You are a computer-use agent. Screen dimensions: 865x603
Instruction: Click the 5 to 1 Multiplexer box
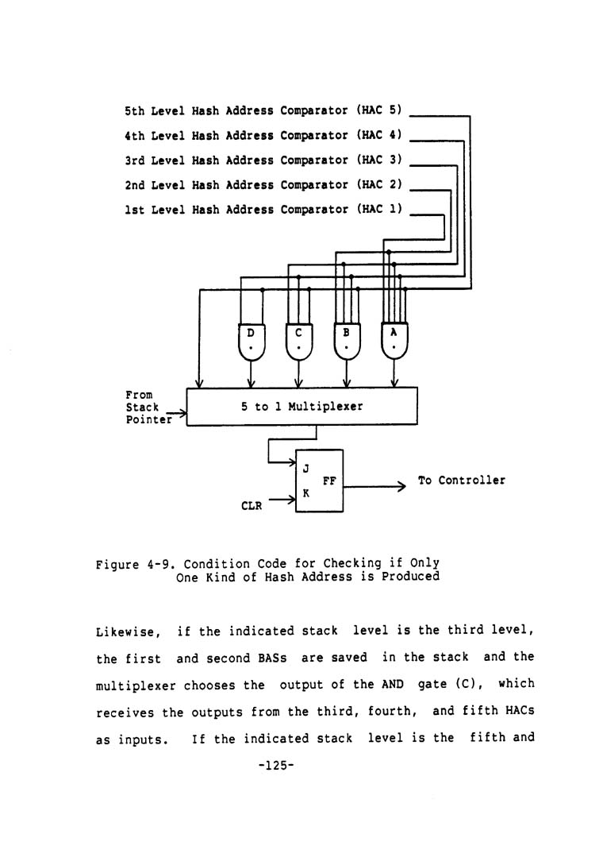tap(301, 407)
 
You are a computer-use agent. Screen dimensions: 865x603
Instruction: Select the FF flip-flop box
tap(320, 481)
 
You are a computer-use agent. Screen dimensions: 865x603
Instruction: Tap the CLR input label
tap(252, 504)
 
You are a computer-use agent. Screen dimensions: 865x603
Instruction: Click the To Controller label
tap(461, 481)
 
